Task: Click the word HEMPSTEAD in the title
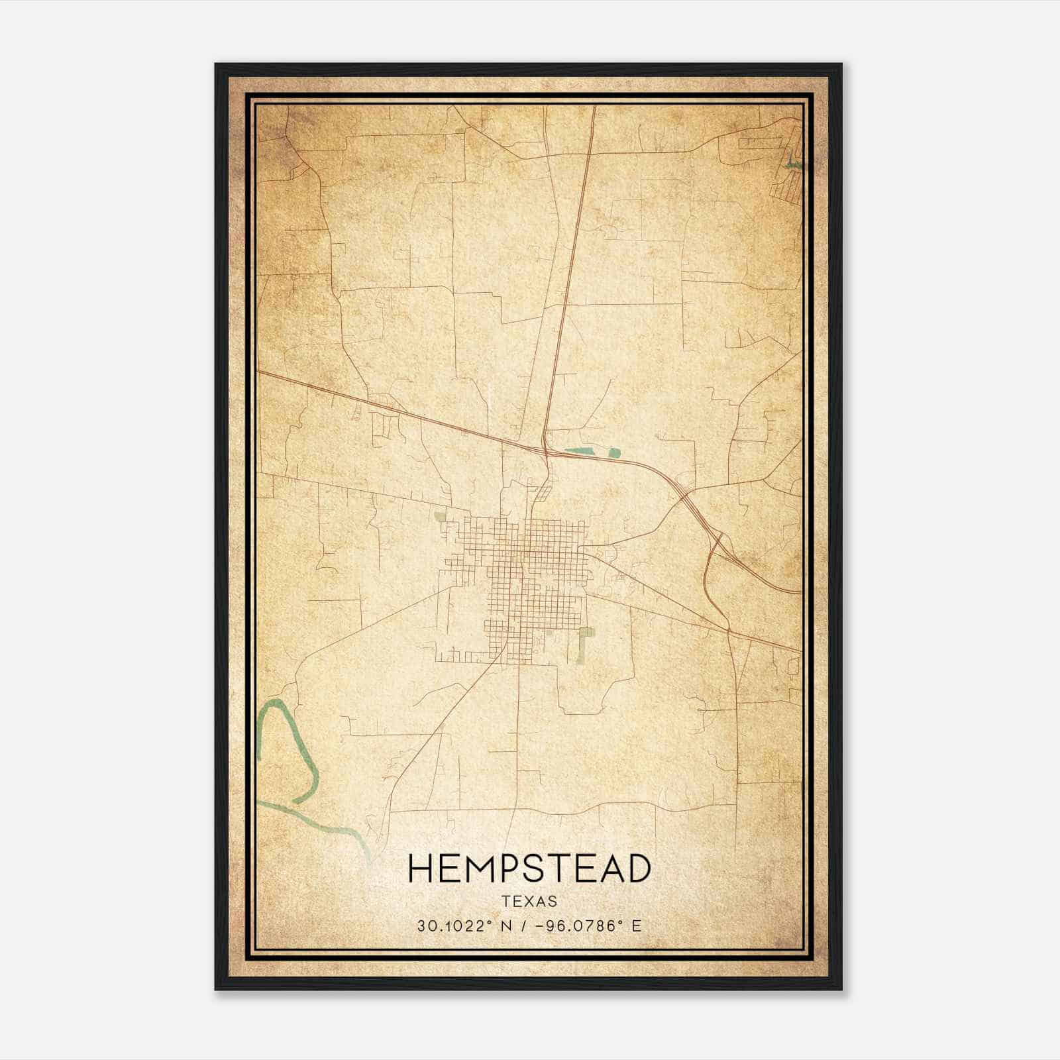pos(529,869)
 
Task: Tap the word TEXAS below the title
pos(529,902)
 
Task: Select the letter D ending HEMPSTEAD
pos(637,869)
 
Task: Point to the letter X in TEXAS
pos(529,902)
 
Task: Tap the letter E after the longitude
pos(637,926)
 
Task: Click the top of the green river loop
pos(274,704)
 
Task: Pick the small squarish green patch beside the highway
pos(614,454)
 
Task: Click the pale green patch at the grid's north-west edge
pos(440,515)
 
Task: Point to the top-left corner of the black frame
pos(216,65)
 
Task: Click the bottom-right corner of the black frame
pos(841,988)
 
